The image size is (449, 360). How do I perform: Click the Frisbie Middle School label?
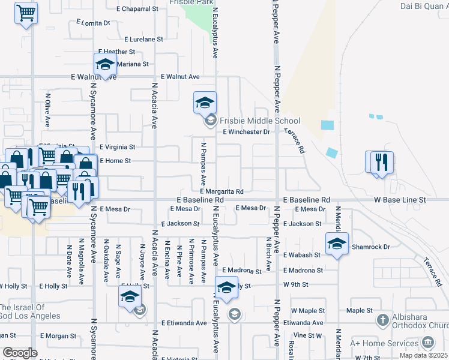coord(259,121)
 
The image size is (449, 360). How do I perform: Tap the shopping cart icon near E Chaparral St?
coord(26,13)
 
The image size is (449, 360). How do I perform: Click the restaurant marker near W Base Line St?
coord(379,162)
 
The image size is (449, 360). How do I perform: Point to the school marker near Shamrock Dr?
coord(337,244)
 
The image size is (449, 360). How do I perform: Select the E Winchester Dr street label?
coord(247,132)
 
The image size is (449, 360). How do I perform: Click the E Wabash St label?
coord(302,255)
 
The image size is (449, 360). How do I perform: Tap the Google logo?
coord(20,353)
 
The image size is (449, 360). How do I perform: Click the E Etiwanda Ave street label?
coord(184,323)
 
